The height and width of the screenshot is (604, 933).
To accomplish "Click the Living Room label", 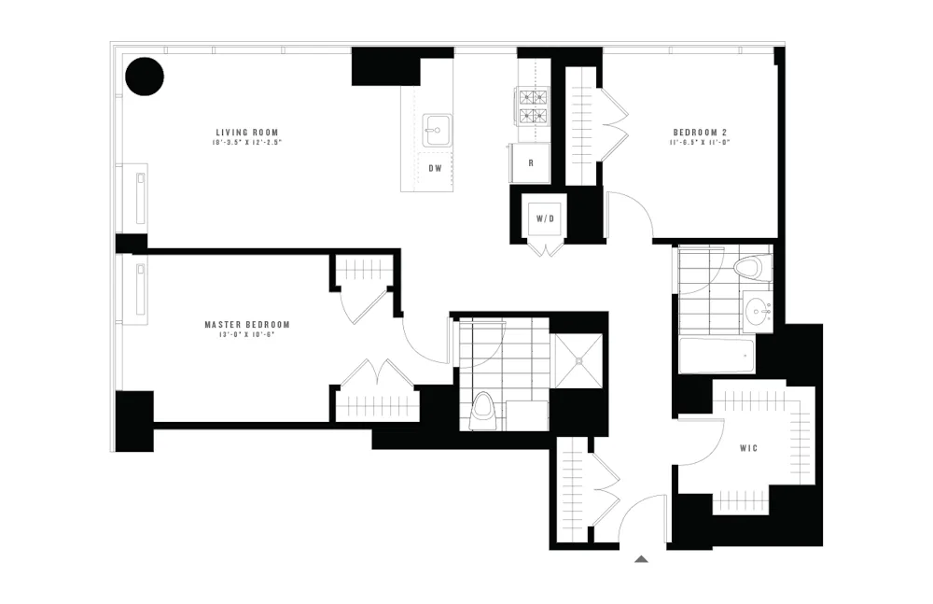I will click(x=247, y=132).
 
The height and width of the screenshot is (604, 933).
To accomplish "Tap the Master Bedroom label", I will click(x=246, y=324).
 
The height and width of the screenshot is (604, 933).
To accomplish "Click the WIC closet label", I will click(x=748, y=448).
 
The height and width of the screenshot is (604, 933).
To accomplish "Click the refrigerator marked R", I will click(x=530, y=162).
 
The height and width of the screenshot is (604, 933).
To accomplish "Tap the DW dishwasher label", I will click(x=435, y=168).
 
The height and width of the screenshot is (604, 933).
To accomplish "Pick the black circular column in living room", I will click(x=145, y=77).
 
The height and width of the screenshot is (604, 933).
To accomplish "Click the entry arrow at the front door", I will click(x=641, y=559).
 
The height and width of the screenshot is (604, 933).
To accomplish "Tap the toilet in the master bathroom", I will click(x=483, y=408).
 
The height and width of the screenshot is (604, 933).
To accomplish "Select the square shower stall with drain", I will click(x=578, y=359).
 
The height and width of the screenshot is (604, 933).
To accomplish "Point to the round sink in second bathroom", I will click(x=758, y=311).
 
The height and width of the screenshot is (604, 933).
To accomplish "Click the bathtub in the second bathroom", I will click(x=717, y=357).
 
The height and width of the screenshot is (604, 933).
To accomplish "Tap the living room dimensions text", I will click(x=247, y=143).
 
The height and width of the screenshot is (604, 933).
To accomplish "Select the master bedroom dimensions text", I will click(x=246, y=334).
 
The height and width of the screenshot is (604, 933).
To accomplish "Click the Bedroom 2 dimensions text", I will click(x=698, y=143).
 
